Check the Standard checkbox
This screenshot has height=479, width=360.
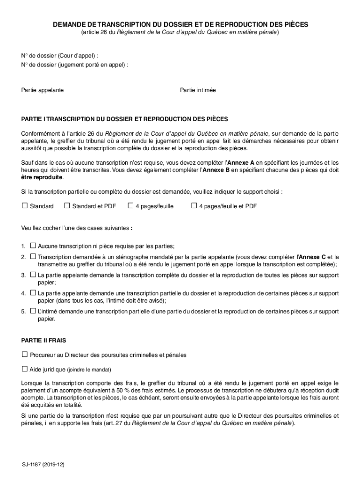[24, 206]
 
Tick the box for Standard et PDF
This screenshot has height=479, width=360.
[67, 206]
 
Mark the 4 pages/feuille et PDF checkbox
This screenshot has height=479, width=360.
[194, 206]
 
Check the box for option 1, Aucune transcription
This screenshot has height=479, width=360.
[33, 245]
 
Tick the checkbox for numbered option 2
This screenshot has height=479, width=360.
[33, 256]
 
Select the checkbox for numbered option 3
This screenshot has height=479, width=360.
[33, 275]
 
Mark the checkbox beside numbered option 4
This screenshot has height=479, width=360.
[33, 293]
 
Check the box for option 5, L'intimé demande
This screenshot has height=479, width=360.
[33, 311]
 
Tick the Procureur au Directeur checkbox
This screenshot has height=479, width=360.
[24, 355]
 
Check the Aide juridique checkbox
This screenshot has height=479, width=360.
[24, 369]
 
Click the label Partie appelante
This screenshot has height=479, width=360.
[43, 89]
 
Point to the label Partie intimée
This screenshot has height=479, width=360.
[198, 89]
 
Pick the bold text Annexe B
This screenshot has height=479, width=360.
[216, 170]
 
